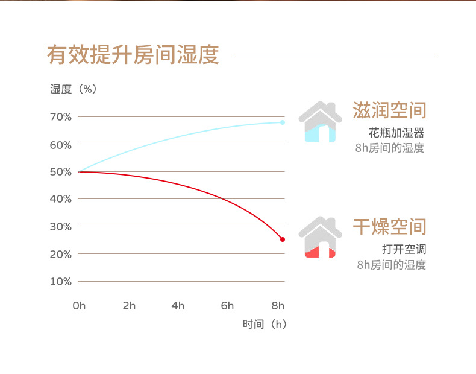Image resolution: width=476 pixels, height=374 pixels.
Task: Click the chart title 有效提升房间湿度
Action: (133, 54)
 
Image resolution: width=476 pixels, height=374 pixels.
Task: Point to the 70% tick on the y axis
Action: (61, 116)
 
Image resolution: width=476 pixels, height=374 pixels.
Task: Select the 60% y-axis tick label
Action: (61, 145)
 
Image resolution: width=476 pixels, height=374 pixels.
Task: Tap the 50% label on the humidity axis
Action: (61, 172)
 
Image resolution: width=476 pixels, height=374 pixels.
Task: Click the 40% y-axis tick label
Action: (61, 199)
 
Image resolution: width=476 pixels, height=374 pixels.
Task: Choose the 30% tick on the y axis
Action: (61, 226)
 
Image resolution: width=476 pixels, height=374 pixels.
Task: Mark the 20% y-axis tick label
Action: (61, 254)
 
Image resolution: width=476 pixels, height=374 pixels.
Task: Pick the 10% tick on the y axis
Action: (61, 281)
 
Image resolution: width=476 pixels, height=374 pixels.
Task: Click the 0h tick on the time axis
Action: (79, 306)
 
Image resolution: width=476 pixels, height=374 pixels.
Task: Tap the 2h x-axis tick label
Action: (129, 306)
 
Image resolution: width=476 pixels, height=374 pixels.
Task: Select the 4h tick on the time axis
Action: (178, 306)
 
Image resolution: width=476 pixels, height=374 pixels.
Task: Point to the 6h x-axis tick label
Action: (227, 306)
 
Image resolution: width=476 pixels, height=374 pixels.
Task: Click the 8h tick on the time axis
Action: (278, 306)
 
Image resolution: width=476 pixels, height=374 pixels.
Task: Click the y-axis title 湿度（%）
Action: (74, 89)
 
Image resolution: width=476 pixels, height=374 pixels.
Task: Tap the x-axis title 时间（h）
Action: (265, 325)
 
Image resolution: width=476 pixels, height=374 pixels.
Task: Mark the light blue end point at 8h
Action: (282, 122)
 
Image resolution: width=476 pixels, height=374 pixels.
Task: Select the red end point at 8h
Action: (282, 239)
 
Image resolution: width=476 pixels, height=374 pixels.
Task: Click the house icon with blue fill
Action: (320, 122)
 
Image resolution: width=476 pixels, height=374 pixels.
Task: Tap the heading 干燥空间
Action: (389, 227)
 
